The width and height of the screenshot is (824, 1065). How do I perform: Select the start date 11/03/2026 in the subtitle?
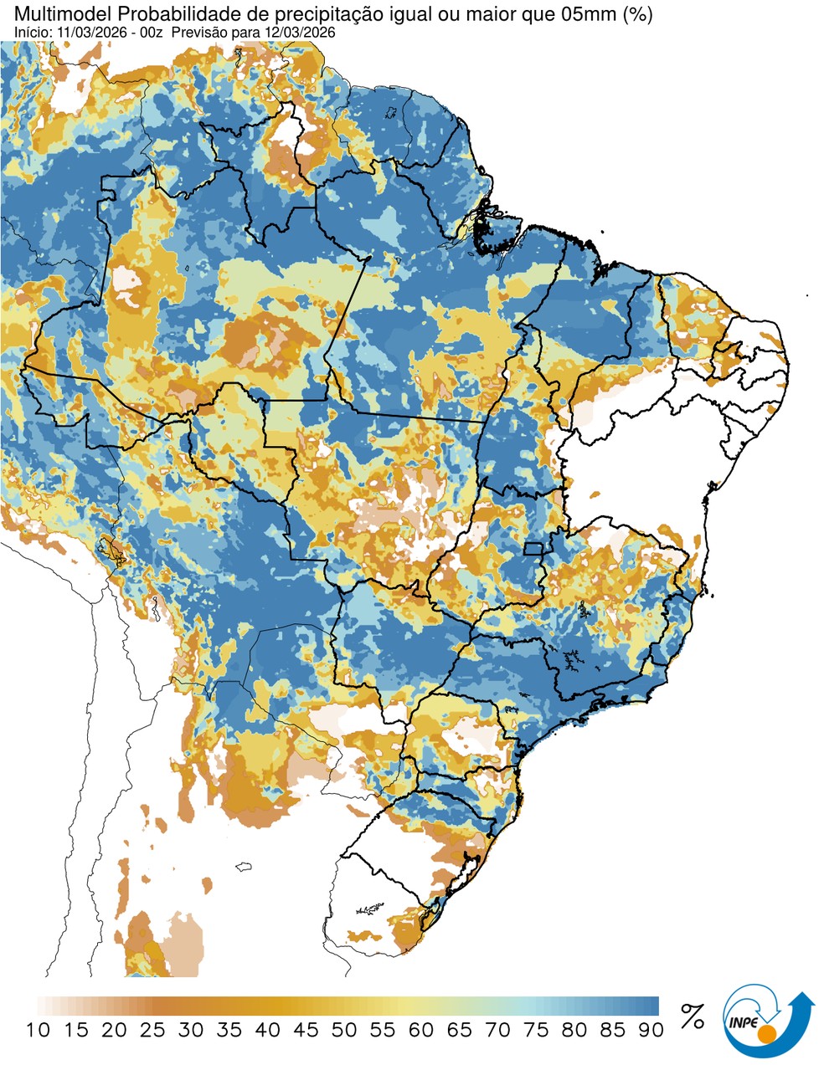click(x=85, y=32)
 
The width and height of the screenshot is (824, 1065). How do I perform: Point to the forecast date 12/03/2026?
click(x=301, y=32)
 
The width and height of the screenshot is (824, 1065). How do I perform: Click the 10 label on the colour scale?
click(x=38, y=1030)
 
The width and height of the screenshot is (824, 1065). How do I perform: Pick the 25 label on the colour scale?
click(x=152, y=1030)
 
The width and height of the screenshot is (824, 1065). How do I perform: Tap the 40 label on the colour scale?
click(x=267, y=1030)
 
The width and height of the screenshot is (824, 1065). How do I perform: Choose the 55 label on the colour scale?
click(x=383, y=1030)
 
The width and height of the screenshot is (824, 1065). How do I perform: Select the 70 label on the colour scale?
click(x=497, y=1030)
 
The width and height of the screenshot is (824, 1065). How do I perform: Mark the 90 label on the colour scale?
click(x=651, y=1030)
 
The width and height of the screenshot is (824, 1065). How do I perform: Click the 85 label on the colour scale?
click(x=613, y=1030)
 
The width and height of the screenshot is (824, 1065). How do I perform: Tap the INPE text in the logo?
click(x=743, y=1022)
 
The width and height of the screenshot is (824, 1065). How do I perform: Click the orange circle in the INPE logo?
click(x=765, y=1036)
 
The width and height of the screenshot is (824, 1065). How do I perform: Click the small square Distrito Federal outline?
click(x=533, y=549)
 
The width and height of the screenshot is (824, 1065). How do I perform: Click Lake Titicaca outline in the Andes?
click(x=110, y=548)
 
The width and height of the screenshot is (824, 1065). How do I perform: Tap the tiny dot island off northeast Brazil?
click(x=807, y=295)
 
